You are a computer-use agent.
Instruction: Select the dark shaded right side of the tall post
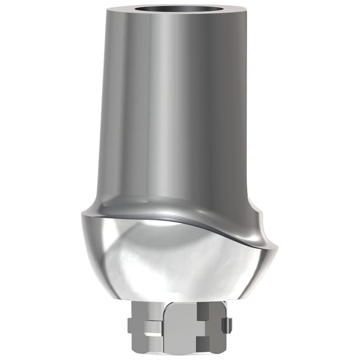point(238,112)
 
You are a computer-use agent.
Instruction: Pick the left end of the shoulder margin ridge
point(83,215)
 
